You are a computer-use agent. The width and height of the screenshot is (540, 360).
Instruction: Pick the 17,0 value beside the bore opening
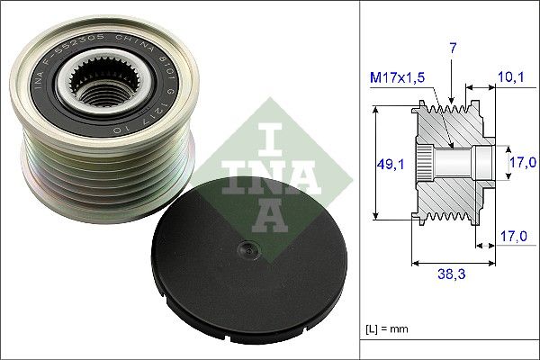tap(523, 163)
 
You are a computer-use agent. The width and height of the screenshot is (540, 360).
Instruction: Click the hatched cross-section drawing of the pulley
tap(450, 162)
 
